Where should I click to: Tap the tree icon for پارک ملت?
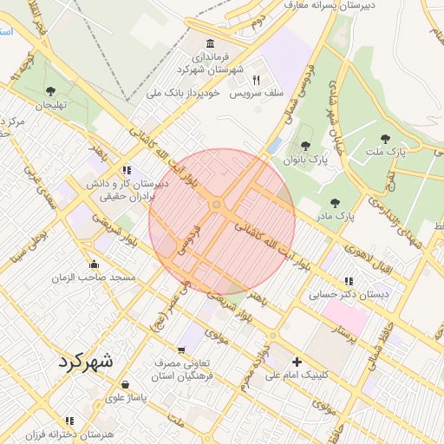[x=385, y=138]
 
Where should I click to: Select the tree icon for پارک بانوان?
[x=304, y=147]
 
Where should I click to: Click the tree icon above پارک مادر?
[x=335, y=202]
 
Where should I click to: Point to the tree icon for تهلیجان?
[x=50, y=91]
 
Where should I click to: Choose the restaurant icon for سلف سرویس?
[x=256, y=80]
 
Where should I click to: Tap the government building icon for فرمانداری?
[x=211, y=44]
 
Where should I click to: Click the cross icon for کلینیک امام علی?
[x=297, y=362]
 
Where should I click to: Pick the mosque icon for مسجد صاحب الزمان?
[x=94, y=264]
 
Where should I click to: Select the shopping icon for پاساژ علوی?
[x=126, y=384]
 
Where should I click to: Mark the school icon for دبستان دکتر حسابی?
[x=349, y=281]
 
